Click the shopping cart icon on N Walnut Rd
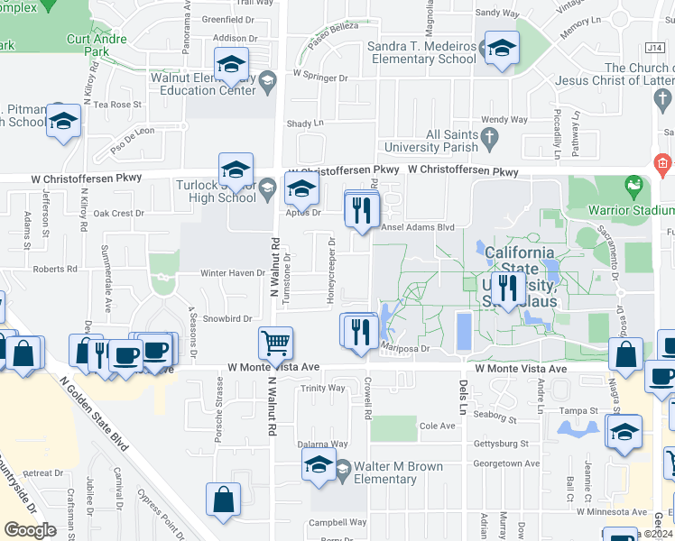(274, 342)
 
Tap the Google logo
(30, 529)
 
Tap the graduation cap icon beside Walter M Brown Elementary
(319, 465)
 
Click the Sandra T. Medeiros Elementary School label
(421, 52)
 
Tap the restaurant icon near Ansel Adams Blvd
(363, 210)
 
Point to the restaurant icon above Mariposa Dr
(359, 331)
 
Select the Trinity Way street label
(323, 388)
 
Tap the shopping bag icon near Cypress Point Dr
(223, 499)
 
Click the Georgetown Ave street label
(507, 463)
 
